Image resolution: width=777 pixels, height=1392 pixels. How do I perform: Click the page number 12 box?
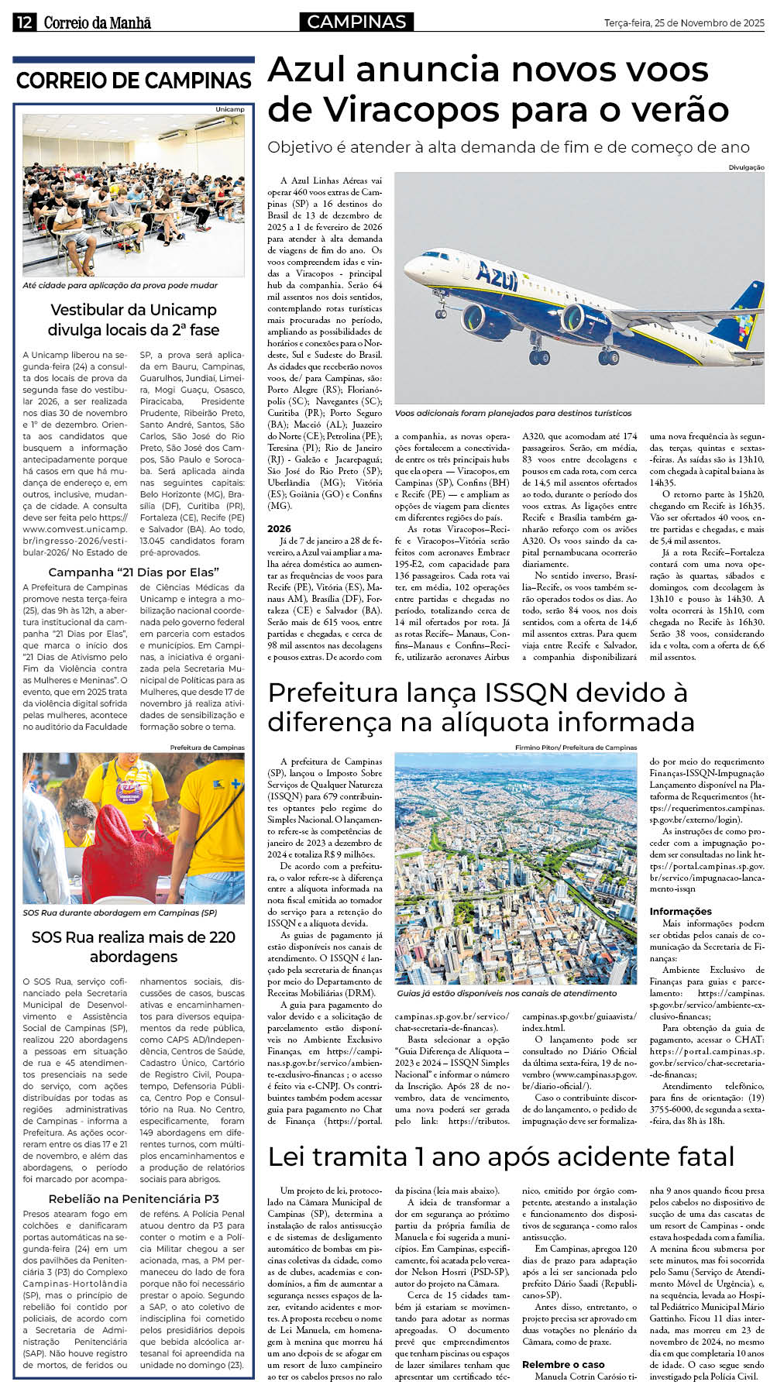(x=24, y=22)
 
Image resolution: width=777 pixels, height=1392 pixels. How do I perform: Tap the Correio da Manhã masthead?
(x=98, y=22)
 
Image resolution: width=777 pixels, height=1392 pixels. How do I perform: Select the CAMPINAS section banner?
(x=356, y=22)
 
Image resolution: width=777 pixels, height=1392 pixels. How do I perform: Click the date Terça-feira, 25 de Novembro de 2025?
(x=684, y=23)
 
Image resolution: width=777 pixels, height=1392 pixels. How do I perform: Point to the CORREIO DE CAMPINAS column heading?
(x=133, y=81)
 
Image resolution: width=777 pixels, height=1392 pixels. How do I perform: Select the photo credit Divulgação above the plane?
(x=746, y=167)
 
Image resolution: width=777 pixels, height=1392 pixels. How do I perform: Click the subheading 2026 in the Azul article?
(x=280, y=528)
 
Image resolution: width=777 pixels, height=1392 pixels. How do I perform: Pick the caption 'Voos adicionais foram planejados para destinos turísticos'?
(x=513, y=413)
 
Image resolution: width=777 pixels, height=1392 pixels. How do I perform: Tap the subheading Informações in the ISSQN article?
(x=680, y=911)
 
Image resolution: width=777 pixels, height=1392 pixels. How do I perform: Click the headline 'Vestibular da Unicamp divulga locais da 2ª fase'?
(x=133, y=320)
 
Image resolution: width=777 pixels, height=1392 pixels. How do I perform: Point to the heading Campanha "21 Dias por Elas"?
(x=133, y=572)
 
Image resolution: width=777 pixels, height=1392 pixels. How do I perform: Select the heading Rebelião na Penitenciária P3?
(x=133, y=1198)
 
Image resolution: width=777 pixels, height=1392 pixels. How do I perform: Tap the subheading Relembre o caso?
(x=563, y=1364)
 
